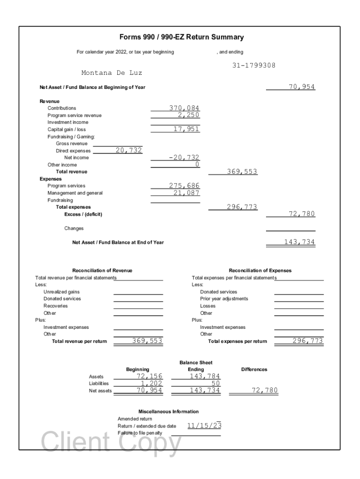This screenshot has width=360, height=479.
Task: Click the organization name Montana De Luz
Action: point(112,73)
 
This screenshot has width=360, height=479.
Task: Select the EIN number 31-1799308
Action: point(254,65)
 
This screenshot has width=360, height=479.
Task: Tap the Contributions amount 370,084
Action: point(184,108)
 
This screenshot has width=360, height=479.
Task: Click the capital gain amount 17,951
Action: point(187,129)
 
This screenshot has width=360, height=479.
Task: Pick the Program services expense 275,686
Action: point(184,186)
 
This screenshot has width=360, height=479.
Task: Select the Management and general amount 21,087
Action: point(187,193)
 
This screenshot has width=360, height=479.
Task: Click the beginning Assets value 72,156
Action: point(150,376)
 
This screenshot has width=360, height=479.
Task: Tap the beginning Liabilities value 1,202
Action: point(152,383)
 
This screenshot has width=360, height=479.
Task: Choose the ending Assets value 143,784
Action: point(205,376)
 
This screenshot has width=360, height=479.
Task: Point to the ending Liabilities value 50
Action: point(216,383)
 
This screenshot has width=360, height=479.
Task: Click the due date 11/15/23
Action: point(204,426)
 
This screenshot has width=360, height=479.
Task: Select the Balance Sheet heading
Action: point(196,363)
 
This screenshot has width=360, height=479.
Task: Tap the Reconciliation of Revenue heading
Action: point(102,270)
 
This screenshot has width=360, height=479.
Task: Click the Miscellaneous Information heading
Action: point(168,412)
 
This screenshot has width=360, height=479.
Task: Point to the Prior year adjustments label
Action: point(224,298)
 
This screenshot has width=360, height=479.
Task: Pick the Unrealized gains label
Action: point(61,291)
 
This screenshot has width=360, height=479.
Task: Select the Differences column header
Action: point(254,370)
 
